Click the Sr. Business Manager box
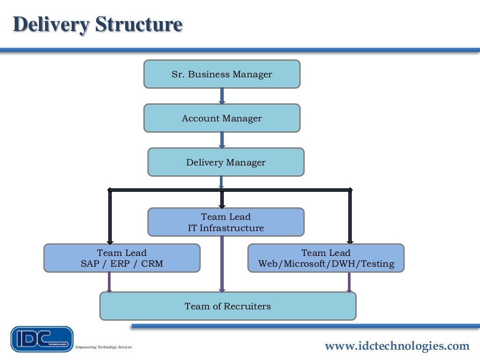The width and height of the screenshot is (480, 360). pyautogui.click(x=222, y=74)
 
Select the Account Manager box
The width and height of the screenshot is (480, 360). pyautogui.click(x=222, y=118)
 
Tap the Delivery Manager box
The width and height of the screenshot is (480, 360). pyautogui.click(x=226, y=162)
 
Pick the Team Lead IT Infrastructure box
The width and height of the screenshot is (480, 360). pyautogui.click(x=226, y=222)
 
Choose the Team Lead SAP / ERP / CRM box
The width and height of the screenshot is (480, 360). pyautogui.click(x=122, y=258)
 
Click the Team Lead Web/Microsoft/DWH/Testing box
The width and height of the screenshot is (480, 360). pyautogui.click(x=326, y=258)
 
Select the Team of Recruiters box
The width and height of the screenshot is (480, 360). pyautogui.click(x=228, y=306)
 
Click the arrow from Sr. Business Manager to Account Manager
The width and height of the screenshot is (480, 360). pyautogui.click(x=222, y=96)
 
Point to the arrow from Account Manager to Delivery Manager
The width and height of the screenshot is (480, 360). pyautogui.click(x=222, y=140)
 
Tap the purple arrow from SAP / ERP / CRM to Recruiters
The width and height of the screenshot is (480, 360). pyautogui.click(x=109, y=282)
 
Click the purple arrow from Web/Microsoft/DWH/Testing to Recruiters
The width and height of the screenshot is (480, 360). pyautogui.click(x=349, y=282)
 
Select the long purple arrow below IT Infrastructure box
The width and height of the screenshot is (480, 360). pyautogui.click(x=222, y=265)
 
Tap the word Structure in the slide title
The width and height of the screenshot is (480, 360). pyautogui.click(x=139, y=24)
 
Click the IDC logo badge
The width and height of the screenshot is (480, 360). pyautogui.click(x=42, y=339)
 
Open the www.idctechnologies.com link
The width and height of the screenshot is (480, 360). pyautogui.click(x=397, y=346)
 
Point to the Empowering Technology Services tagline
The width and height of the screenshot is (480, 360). pyautogui.click(x=104, y=347)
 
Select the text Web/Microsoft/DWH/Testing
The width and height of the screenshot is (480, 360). pyautogui.click(x=326, y=264)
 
